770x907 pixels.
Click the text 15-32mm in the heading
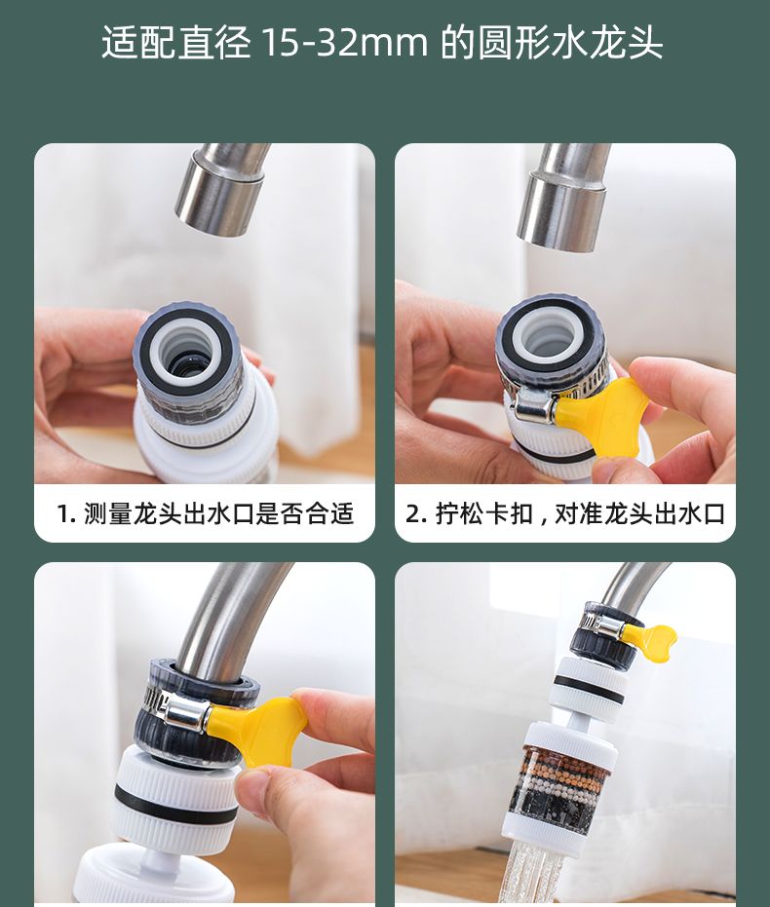pyautogui.click(x=345, y=42)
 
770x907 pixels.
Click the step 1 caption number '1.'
pyautogui.click(x=66, y=513)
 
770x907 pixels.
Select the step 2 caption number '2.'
pyautogui.click(x=416, y=513)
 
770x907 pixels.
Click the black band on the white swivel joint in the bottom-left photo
pyautogui.click(x=173, y=805)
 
